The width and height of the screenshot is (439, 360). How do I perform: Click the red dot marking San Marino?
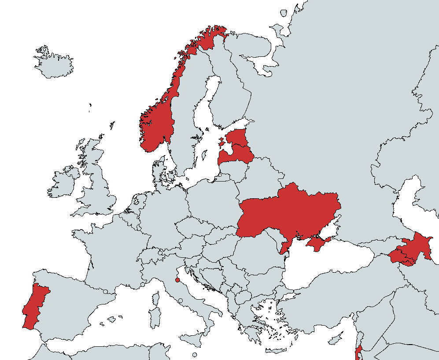tap(177, 280)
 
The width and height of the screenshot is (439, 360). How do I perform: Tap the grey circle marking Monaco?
tap(143, 285)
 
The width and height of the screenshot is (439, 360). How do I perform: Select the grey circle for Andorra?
tap(105, 292)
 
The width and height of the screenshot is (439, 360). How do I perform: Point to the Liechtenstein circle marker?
tap(160, 253)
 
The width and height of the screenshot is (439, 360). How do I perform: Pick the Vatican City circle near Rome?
tap(181, 301)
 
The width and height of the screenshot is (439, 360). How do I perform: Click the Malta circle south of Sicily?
tap(195, 355)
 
